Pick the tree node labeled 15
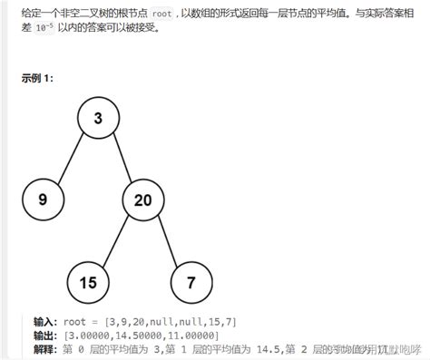87,282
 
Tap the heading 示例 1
37,78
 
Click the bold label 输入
44,322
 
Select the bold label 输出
44,335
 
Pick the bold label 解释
44,347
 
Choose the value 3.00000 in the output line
87,335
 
